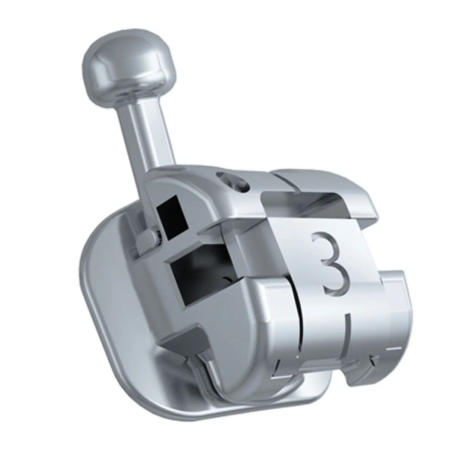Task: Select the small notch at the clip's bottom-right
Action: coord(372,358)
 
